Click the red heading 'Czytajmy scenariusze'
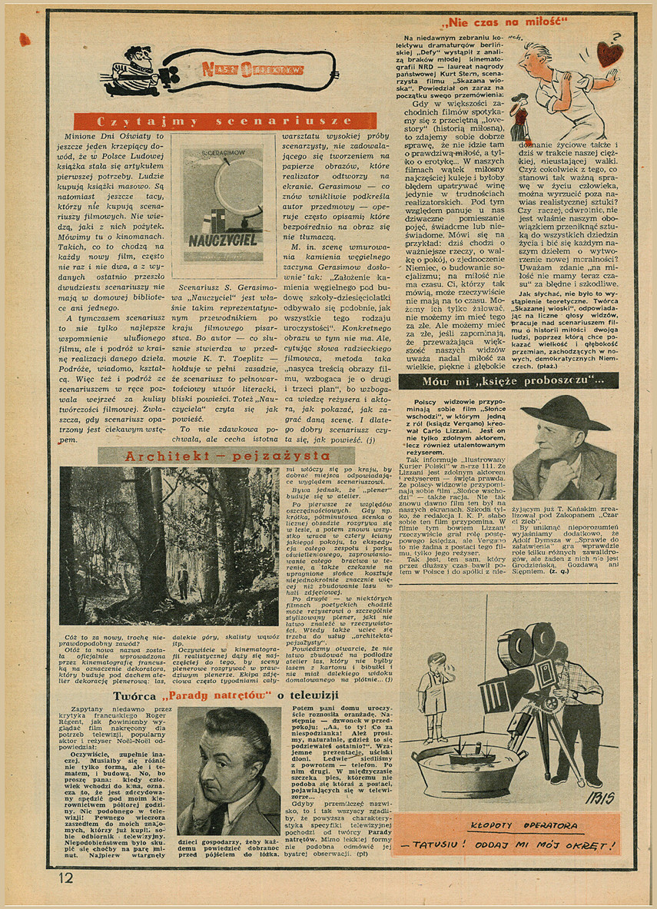tap(224, 121)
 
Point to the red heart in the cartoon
tap(610, 54)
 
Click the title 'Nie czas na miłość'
tap(505, 21)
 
